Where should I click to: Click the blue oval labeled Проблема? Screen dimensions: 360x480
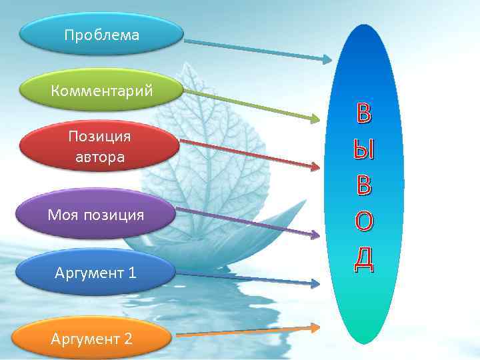pyautogui.click(x=101, y=35)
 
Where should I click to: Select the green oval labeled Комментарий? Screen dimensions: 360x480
pyautogui.click(x=101, y=90)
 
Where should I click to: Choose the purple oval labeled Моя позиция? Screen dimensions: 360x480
pyautogui.click(x=96, y=215)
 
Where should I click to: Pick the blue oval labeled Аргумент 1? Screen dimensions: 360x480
pyautogui.click(x=96, y=273)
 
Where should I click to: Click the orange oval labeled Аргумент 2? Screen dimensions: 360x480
pyautogui.click(x=91, y=338)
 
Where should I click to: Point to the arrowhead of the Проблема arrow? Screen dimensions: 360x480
pyautogui.click(x=327, y=59)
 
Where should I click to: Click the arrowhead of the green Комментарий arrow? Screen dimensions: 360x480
pyautogui.click(x=315, y=120)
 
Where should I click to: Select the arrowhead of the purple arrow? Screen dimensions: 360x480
pyautogui.click(x=315, y=234)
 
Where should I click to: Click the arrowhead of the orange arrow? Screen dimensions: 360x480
pyautogui.click(x=315, y=327)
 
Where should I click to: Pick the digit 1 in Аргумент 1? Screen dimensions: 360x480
pyautogui.click(x=133, y=273)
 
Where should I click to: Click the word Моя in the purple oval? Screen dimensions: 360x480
pyautogui.click(x=62, y=215)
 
